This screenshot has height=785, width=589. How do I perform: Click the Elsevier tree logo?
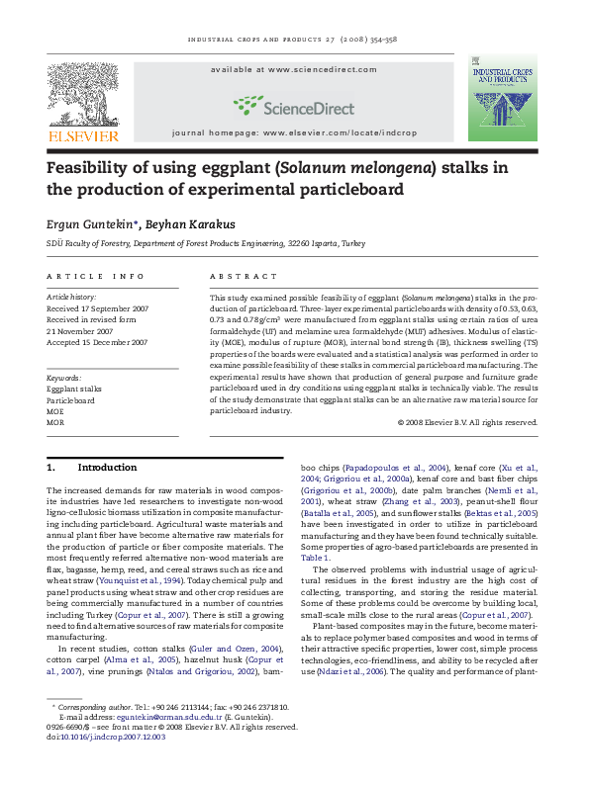pyautogui.click(x=83, y=96)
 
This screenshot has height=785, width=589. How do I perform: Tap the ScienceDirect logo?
pyautogui.click(x=293, y=104)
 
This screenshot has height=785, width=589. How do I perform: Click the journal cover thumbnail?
pyautogui.click(x=503, y=104)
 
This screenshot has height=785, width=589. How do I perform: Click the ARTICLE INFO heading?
pyautogui.click(x=88, y=277)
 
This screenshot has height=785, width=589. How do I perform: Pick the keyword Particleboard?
pyautogui.click(x=70, y=401)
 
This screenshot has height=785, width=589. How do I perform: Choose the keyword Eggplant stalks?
pyautogui.click(x=74, y=390)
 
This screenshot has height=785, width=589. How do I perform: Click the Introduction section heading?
pyautogui.click(x=107, y=467)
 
